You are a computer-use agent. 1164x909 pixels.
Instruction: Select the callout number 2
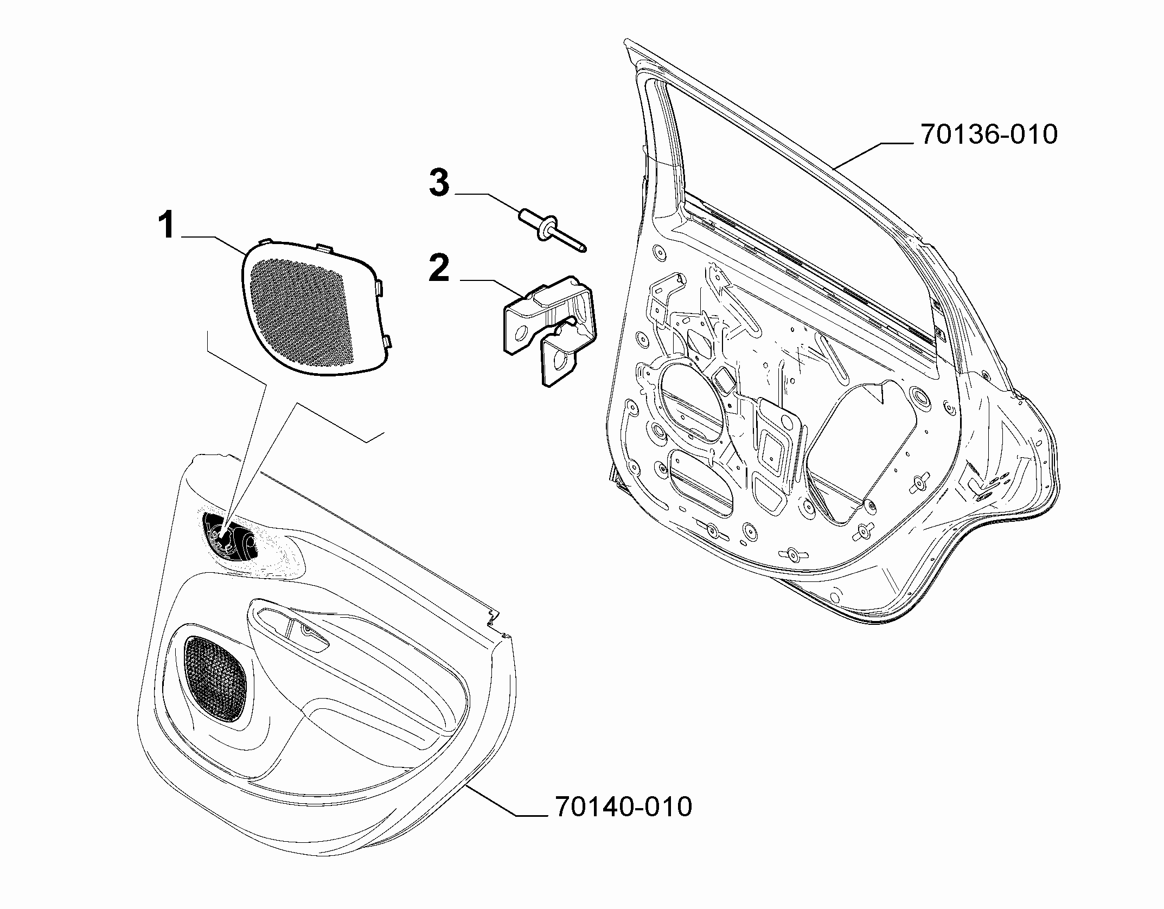point(439,268)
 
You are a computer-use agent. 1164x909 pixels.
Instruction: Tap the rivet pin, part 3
point(552,231)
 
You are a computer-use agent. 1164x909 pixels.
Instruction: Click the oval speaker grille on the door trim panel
point(215,678)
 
